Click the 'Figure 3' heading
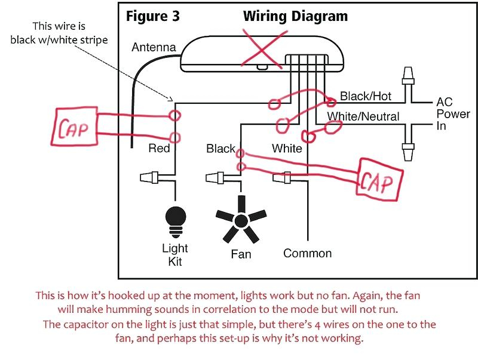pyautogui.click(x=153, y=17)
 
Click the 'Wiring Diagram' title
pyautogui.click(x=295, y=17)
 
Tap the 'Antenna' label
pyautogui.click(x=154, y=47)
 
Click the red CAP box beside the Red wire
pyautogui.click(x=74, y=126)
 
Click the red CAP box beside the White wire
pyautogui.click(x=379, y=180)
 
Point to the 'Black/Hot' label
pyautogui.click(x=366, y=96)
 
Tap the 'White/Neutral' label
pyautogui.click(x=363, y=116)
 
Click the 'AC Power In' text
pyautogui.click(x=453, y=113)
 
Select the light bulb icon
pyautogui.click(x=176, y=222)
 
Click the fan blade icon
pyautogui.click(x=241, y=219)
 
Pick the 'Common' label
pyautogui.click(x=307, y=253)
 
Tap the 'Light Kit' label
pyautogui.click(x=175, y=255)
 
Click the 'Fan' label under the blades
pyautogui.click(x=241, y=254)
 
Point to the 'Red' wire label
pyautogui.click(x=159, y=148)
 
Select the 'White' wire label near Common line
pyautogui.click(x=287, y=148)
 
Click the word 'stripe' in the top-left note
pyautogui.click(x=94, y=40)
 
